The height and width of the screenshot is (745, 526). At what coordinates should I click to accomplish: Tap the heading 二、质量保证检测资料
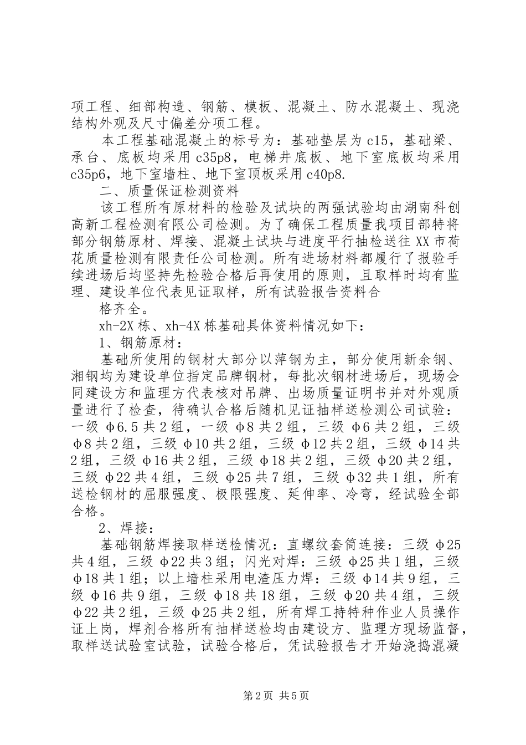169,192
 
